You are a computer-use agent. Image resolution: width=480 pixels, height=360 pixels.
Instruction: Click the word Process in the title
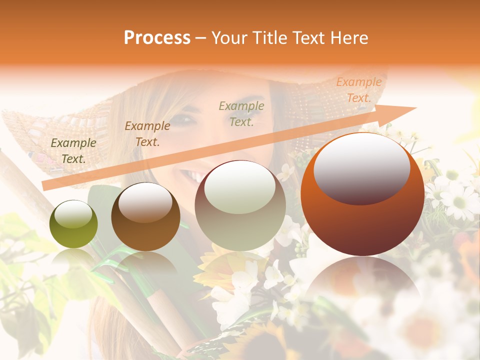tap(157, 37)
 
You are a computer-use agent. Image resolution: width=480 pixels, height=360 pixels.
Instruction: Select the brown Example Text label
tap(147, 133)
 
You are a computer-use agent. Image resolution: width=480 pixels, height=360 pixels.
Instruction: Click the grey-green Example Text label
tap(241, 113)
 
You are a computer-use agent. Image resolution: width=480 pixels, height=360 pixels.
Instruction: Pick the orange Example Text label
tap(358, 90)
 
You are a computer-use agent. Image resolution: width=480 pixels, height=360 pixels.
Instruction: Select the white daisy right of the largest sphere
tap(457, 200)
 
